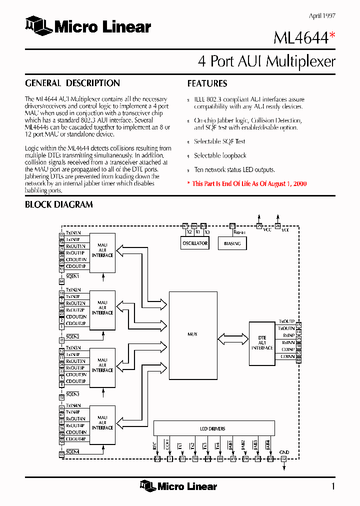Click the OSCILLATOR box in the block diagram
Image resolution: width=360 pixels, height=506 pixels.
click(x=194, y=243)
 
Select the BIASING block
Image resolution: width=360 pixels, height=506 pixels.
click(x=232, y=243)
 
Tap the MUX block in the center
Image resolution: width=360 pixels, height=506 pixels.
click(x=193, y=334)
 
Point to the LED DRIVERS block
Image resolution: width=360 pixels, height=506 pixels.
click(x=213, y=428)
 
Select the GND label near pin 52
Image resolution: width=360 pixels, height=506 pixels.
click(x=284, y=452)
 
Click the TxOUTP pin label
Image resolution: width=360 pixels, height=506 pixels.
click(x=286, y=321)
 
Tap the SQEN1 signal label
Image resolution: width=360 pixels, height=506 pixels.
click(x=72, y=276)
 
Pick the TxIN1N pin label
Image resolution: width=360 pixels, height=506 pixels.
click(x=73, y=233)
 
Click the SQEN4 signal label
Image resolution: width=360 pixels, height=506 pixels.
click(x=72, y=451)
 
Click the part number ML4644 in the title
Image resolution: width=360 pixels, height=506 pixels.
click(x=300, y=38)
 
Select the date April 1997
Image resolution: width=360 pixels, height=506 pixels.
click(x=322, y=15)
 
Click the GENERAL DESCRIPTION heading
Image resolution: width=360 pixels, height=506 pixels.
click(x=72, y=83)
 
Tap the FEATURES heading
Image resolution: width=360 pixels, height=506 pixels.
click(x=207, y=83)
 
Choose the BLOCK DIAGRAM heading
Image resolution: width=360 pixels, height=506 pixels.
click(x=59, y=204)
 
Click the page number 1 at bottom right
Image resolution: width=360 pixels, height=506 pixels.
click(x=333, y=486)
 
